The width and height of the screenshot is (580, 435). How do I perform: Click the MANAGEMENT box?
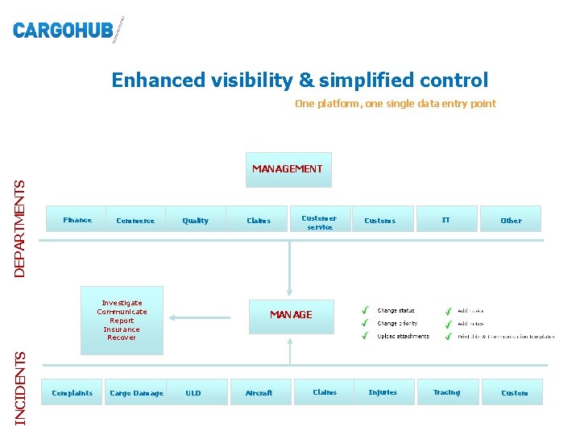point(288,169)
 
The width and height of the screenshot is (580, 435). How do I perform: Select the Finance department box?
point(77,220)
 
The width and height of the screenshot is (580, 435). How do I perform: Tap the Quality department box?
point(195,220)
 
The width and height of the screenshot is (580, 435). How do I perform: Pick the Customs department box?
point(380,220)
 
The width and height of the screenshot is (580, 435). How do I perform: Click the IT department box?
point(445,220)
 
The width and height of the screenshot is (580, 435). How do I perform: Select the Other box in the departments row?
point(511,220)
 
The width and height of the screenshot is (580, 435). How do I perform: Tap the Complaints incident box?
point(72,392)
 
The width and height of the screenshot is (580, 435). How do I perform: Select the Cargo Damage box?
point(136,392)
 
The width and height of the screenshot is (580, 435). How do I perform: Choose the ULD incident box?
point(193,392)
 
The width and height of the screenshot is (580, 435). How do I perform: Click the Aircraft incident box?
point(259,392)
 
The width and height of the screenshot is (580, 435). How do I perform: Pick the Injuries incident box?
point(383,392)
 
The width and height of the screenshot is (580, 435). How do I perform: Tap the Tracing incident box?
point(446,392)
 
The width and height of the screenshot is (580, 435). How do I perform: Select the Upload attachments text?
point(403,337)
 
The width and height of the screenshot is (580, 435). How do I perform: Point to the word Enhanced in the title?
point(159,81)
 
